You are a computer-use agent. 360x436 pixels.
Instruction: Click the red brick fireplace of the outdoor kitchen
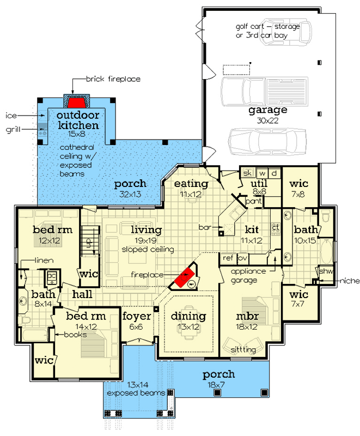[x=77, y=102]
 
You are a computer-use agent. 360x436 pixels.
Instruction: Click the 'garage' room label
[x=268, y=111]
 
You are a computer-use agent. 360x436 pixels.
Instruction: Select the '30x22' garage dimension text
[x=268, y=120]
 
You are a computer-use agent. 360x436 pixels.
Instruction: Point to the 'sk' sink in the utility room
[x=247, y=173]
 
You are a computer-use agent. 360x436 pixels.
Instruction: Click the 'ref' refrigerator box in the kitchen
[x=228, y=258]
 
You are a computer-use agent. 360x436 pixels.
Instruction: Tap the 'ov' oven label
[x=242, y=258]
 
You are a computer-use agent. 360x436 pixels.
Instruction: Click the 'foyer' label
[x=136, y=316]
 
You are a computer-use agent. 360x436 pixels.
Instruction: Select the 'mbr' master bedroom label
[x=247, y=316]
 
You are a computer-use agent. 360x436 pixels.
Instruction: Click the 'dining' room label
[x=188, y=316]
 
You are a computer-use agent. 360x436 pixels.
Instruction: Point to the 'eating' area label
[x=191, y=184]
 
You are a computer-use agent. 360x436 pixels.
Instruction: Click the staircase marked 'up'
[x=90, y=241]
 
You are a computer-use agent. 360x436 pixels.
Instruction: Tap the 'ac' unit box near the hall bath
[x=52, y=277]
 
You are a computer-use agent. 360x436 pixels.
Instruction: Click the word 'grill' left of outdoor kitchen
[x=13, y=130]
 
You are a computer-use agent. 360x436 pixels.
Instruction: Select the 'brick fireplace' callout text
[x=113, y=79]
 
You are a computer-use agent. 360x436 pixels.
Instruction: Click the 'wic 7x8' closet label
[x=298, y=188]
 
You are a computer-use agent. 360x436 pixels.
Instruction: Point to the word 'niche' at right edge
[x=350, y=281]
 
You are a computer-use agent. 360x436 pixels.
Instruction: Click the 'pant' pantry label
[x=254, y=201]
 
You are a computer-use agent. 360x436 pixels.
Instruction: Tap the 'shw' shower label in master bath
[x=326, y=271]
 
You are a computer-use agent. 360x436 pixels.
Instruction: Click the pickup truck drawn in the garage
[x=265, y=91]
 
